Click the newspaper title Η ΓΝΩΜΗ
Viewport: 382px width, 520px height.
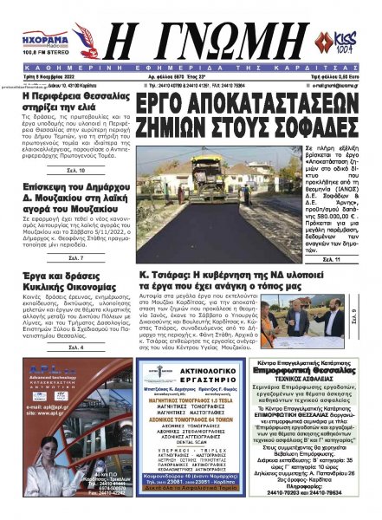pyautogui.click(x=192, y=44)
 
